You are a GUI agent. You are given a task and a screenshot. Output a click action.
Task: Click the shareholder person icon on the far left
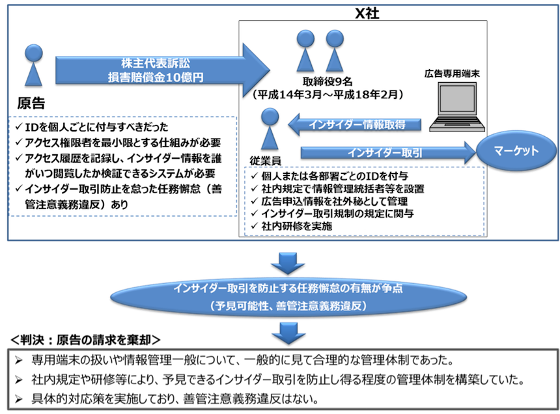[33, 65]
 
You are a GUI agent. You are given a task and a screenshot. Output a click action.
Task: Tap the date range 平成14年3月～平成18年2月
[329, 95]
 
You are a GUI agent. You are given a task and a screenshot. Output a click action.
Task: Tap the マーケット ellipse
[516, 151]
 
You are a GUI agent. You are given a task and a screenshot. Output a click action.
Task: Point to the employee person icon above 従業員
[270, 130]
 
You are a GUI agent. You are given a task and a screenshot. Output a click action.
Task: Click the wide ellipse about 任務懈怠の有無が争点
[288, 297]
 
